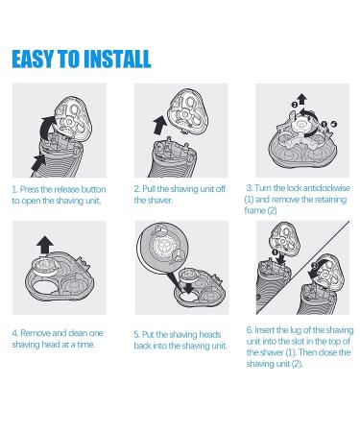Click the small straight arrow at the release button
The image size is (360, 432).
pos(39,161)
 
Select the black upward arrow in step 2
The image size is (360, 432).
pos(160,125)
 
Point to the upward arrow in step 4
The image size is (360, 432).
pos(45,245)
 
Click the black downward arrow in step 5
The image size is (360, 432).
pos(189,286)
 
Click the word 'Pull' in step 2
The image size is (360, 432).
pos(149,189)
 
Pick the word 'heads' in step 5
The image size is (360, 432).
pos(210,334)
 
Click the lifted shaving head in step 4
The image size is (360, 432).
pos(46,266)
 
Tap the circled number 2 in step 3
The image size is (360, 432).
pos(295,105)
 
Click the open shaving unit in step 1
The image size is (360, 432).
pos(73,118)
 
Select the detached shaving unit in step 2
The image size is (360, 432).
pos(188,110)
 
